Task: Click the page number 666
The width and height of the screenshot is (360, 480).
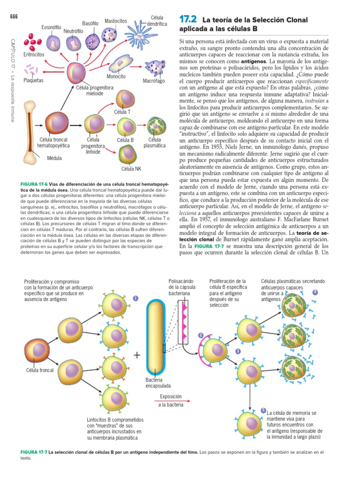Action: click(14, 17)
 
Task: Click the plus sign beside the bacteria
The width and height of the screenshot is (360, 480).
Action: click(137, 355)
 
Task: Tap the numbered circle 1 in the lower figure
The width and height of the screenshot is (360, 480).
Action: click(135, 298)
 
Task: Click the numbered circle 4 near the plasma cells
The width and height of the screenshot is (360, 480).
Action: click(315, 292)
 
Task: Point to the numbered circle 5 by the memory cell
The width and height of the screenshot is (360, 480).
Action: click(263, 411)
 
